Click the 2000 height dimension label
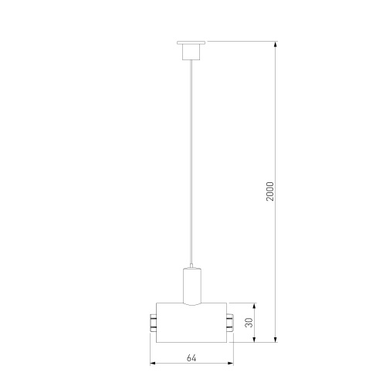click(270, 191)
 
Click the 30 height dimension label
click(249, 323)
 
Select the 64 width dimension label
click(191, 358)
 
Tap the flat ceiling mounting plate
click(191, 42)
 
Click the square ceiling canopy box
click(191, 52)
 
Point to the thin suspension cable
click(191, 162)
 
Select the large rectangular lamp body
click(191, 323)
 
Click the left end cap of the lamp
click(153, 323)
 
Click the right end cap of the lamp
click(230, 323)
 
